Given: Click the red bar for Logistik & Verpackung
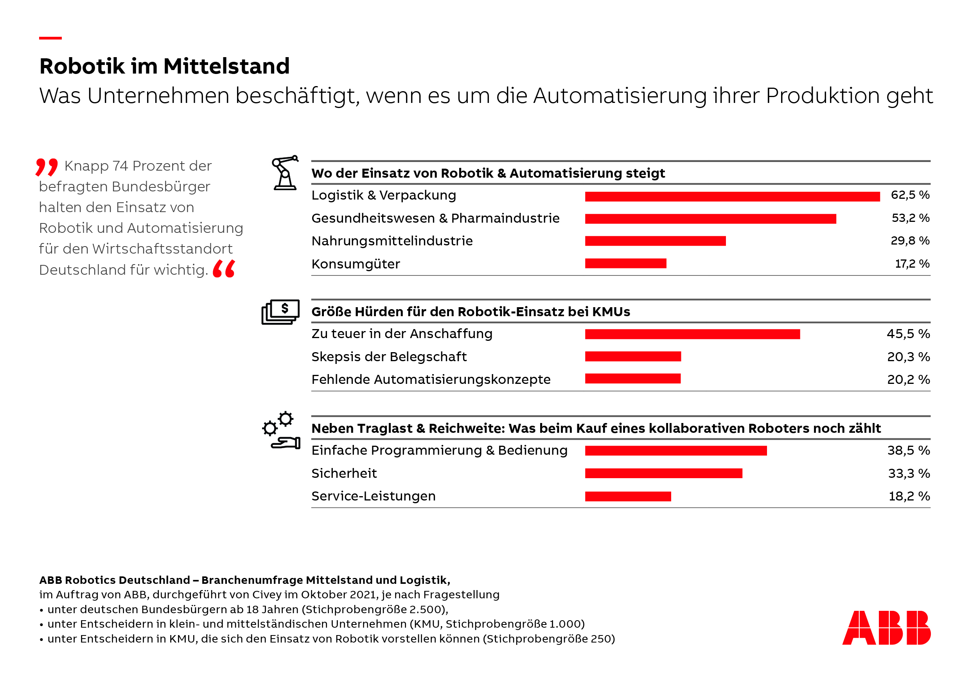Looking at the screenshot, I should tap(732, 196).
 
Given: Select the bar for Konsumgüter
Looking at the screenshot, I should tap(625, 263).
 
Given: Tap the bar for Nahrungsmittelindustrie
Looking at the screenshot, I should tap(655, 241).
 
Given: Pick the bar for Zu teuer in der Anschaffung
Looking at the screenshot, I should tap(692, 334).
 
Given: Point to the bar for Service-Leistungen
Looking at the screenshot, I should tap(628, 496).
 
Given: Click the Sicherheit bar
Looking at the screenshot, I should tap(663, 473).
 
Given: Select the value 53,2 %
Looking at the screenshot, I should tap(910, 218).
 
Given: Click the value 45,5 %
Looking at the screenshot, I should tap(908, 334).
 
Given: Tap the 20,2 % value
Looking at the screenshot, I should tap(908, 380).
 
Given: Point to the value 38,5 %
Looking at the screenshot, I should tap(908, 451).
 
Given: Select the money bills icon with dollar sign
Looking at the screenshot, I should tap(280, 312).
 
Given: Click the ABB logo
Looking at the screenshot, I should tap(886, 628).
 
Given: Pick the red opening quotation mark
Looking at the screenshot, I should tap(47, 167).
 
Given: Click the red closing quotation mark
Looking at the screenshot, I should tap(223, 269).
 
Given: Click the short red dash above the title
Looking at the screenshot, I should tap(50, 38).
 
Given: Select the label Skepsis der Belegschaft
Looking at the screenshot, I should tap(389, 357).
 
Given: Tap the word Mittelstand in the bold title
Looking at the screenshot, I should tap(226, 67).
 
